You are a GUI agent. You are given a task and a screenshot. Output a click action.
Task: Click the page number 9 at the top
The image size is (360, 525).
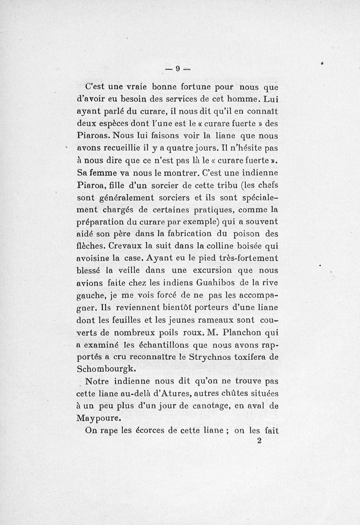click(x=178, y=68)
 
